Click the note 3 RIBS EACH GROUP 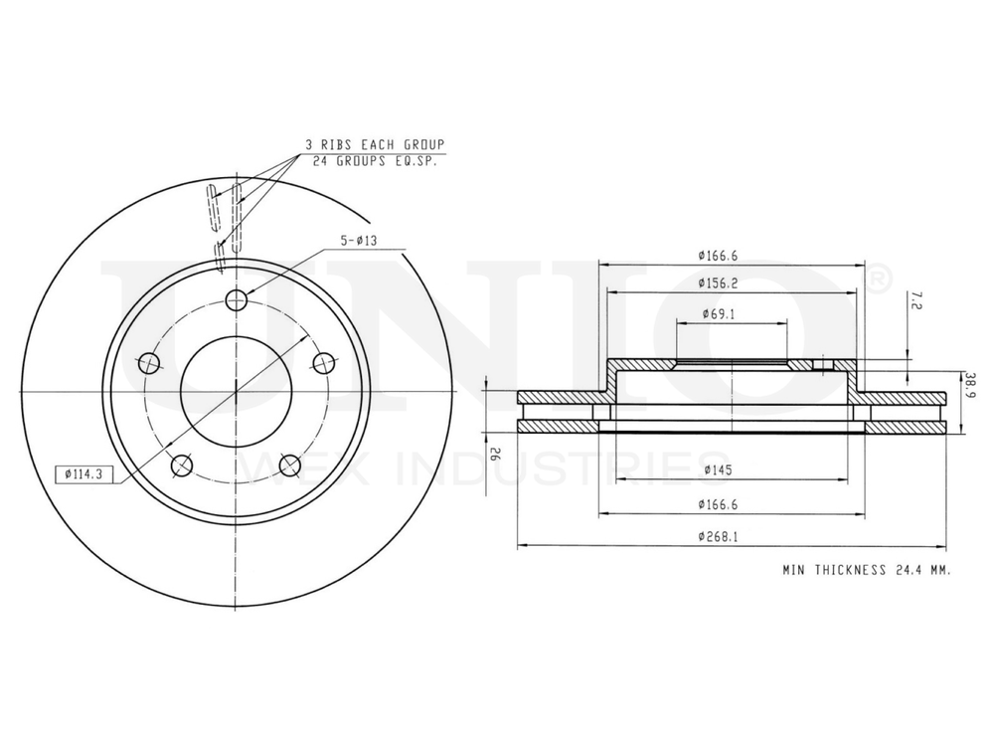point(375,144)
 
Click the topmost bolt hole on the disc point(237,300)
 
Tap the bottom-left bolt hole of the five point(181,466)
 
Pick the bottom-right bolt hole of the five point(290,466)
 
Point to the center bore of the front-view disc point(237,390)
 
